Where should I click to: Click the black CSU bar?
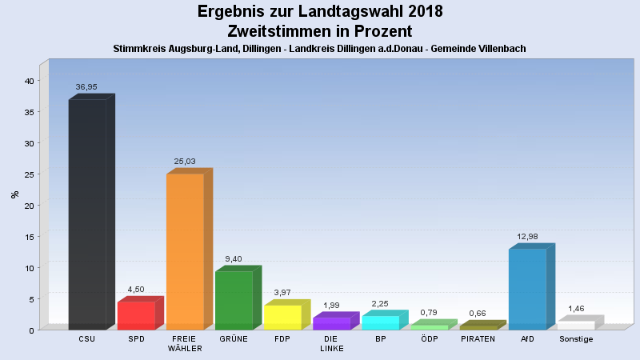(87, 214)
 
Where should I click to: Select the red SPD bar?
(136, 315)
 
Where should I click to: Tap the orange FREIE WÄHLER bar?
(185, 251)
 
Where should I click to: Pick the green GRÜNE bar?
(234, 300)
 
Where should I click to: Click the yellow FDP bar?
(282, 317)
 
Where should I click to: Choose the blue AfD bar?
(527, 289)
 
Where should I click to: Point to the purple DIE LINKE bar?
(331, 323)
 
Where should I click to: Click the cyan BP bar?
(380, 322)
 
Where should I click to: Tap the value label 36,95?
(86, 86)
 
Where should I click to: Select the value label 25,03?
(185, 161)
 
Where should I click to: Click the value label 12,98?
(527, 236)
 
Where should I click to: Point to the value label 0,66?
(478, 313)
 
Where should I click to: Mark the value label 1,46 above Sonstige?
(576, 308)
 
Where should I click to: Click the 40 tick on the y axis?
(28, 81)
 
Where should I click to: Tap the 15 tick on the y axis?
(28, 237)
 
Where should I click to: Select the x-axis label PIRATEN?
(478, 339)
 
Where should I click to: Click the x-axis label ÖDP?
(429, 339)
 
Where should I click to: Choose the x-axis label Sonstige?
(576, 339)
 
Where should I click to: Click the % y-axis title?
(14, 194)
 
